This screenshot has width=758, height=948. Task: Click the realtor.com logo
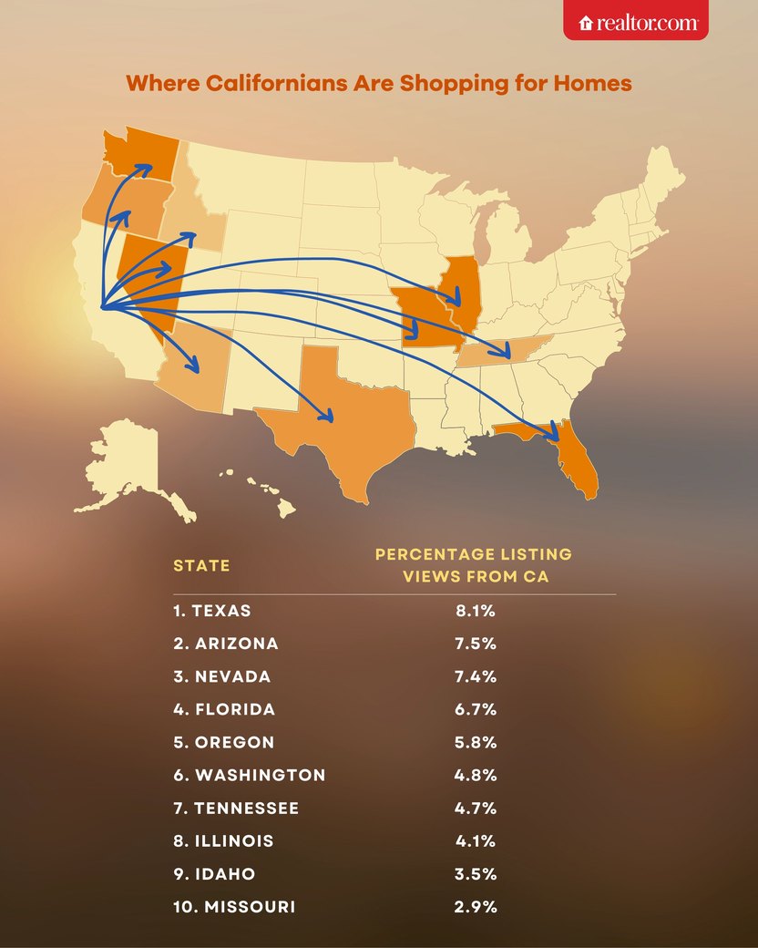coord(635,21)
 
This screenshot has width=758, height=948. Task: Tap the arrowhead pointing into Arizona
coord(193,366)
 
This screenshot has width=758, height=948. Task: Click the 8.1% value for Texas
coord(475,611)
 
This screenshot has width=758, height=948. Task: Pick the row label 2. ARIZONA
coord(226,644)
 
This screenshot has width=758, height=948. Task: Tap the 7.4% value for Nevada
coord(475,676)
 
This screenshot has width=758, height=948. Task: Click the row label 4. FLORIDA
coord(224,709)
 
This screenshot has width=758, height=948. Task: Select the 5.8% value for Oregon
coord(475,742)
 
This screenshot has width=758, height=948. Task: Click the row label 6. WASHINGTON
coord(249,775)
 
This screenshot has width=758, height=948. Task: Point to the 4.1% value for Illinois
coord(475,840)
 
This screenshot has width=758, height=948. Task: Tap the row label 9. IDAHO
coord(214,873)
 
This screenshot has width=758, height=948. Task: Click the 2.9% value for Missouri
coord(475,906)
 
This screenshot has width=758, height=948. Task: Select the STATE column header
coord(201,565)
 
